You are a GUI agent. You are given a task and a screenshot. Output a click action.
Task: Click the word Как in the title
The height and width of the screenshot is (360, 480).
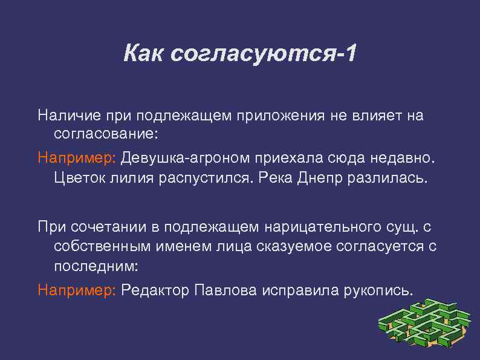pos(143,54)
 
